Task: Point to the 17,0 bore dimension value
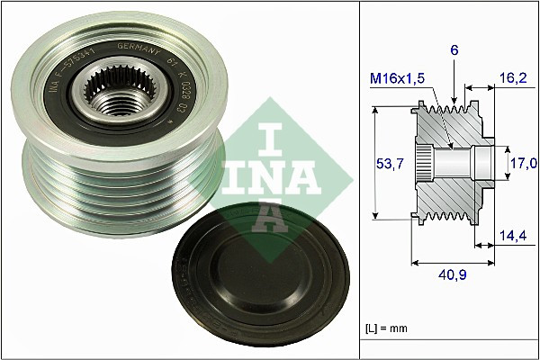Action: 523,163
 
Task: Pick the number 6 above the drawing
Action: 455,52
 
